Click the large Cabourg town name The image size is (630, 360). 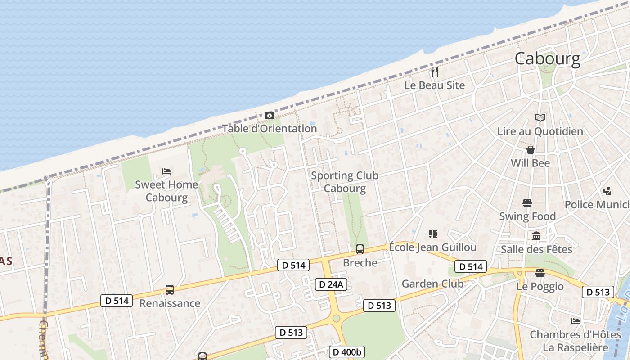coord(547,58)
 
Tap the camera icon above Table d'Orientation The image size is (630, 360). coord(269,116)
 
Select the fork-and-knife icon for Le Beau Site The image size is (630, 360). coord(434,72)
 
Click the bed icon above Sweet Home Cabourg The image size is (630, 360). coord(166,171)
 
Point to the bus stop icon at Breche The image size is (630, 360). coord(360,249)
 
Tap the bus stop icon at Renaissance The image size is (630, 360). coord(169,290)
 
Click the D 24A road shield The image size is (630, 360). coord(331,284)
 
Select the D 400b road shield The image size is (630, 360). coord(347,351)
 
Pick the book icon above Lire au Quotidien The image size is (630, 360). coord(540,118)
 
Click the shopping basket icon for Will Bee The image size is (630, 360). coord(531,150)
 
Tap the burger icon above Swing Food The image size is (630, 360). coord(527,203)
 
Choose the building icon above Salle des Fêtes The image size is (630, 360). coord(536,236)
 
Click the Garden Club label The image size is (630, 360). coord(432,283)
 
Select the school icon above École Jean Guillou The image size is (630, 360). coord(432,234)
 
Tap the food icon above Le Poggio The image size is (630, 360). coord(540,273)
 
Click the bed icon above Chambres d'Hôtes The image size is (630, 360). coord(575,321)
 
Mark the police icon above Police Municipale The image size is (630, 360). coord(607,191)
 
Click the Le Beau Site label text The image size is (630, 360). coord(434,85)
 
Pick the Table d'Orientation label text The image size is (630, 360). coord(270,129)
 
